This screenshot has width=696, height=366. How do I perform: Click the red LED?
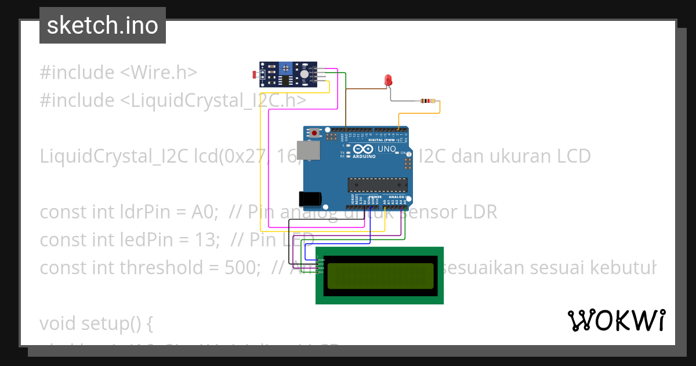pos(389,80)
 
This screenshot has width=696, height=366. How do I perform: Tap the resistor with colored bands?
pos(427,101)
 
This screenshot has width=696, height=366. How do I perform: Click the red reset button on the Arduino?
pos(314,133)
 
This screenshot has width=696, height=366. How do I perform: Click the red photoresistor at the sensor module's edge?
pos(255,74)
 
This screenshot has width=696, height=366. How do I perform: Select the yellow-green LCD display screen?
pos(380,276)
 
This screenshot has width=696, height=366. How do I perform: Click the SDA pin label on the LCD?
pos(321,268)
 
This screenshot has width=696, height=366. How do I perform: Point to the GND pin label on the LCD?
pos(321,260)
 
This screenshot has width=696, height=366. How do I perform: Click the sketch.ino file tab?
pos(103,26)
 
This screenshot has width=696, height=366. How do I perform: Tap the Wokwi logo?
pos(616,321)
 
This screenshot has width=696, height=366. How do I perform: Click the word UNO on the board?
pos(386,149)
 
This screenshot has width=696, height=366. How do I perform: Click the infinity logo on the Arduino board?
pos(360,149)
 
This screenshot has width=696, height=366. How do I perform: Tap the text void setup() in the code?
pos(96,323)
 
